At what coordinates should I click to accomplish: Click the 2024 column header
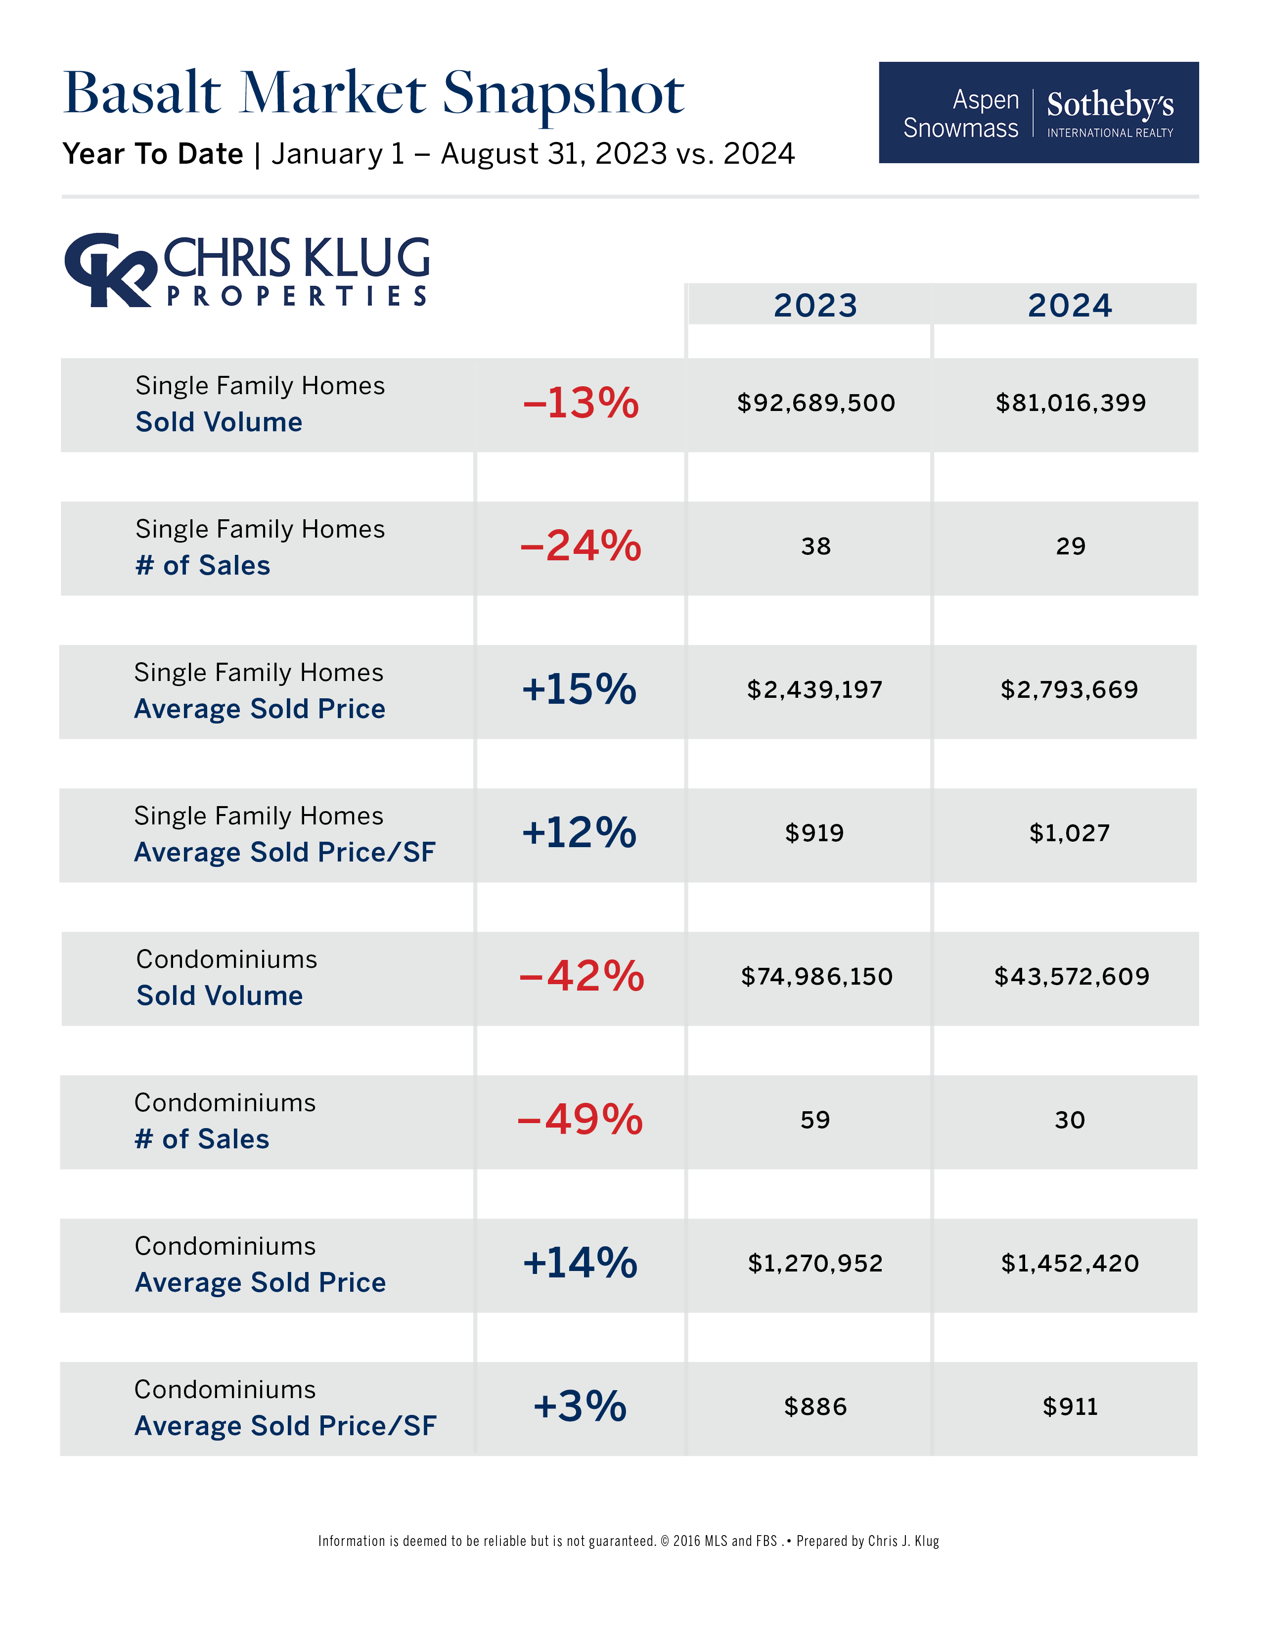(1070, 305)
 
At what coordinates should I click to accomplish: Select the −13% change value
(581, 404)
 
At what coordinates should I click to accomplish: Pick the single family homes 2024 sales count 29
(1070, 546)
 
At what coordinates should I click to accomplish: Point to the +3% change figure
(580, 1406)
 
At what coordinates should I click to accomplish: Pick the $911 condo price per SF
(1070, 1407)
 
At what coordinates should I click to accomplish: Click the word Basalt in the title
(142, 93)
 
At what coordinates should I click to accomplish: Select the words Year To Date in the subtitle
(153, 154)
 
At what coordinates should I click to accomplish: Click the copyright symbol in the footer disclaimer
(665, 1541)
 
